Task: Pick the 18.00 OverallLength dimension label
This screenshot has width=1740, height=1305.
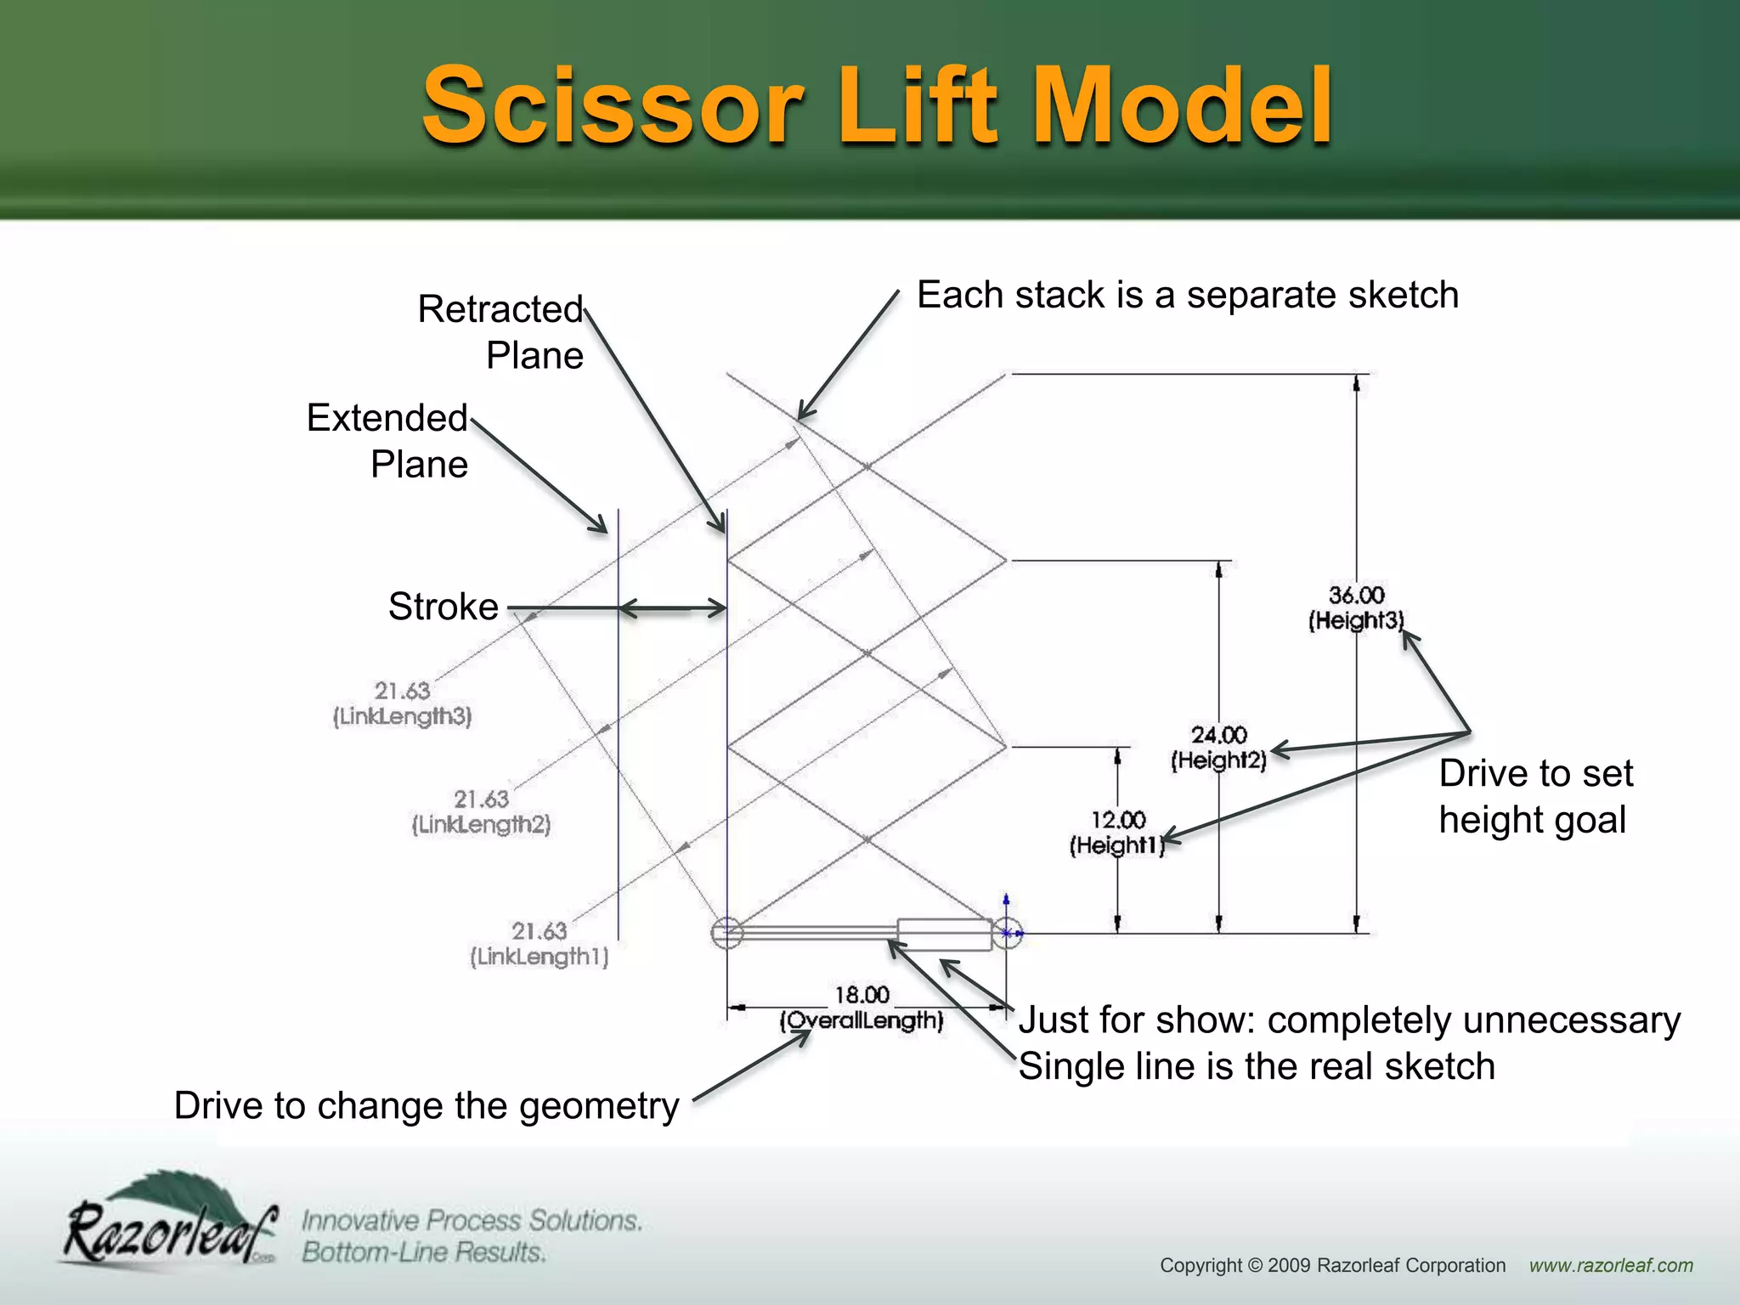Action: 862,1008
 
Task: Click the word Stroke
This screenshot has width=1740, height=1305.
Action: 443,607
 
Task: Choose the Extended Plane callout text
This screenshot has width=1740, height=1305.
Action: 388,440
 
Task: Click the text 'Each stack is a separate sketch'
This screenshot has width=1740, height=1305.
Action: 1187,295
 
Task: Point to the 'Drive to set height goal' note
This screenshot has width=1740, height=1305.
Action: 1535,796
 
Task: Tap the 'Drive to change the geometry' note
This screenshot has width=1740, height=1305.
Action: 427,1105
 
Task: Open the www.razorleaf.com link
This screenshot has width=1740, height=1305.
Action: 1611,1265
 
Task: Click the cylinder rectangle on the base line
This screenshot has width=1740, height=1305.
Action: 944,934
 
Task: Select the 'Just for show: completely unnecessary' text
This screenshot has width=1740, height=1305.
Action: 1349,1020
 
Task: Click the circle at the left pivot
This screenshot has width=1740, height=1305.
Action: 727,933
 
